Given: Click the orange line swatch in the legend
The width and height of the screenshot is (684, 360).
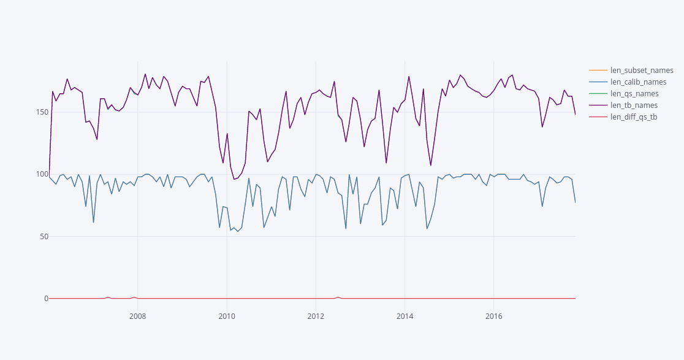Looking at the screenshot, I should pos(598,71).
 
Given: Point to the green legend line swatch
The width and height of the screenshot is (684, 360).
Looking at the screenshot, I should pos(598,94).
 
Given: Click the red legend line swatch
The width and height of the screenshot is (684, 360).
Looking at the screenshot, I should pos(598,117).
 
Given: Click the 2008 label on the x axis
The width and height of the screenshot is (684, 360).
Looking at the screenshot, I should pos(137,316).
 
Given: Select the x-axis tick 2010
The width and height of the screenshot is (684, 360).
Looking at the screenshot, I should pos(227,316).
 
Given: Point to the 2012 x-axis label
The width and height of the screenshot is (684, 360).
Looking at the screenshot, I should pos(316,316).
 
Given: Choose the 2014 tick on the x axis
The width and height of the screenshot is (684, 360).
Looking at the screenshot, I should pos(405,316).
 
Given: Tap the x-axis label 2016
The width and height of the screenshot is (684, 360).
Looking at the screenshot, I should pos(493,316).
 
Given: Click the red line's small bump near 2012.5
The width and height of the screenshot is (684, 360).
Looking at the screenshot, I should pos(338,297).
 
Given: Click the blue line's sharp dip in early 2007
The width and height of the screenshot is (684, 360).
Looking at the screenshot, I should pos(93,222).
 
